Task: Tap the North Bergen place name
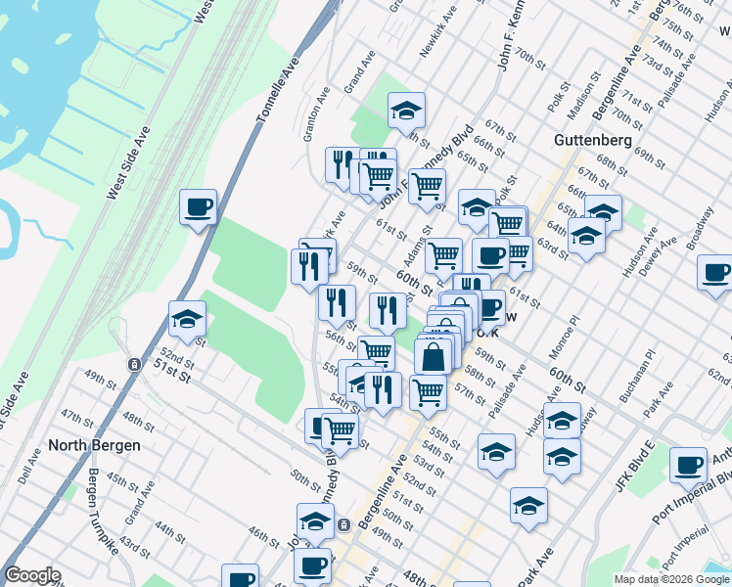[95, 445]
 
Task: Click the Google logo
[32, 575]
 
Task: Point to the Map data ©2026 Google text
[671, 579]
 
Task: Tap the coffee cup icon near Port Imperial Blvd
[689, 465]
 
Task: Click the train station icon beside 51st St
[132, 364]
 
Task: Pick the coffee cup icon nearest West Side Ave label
[198, 207]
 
